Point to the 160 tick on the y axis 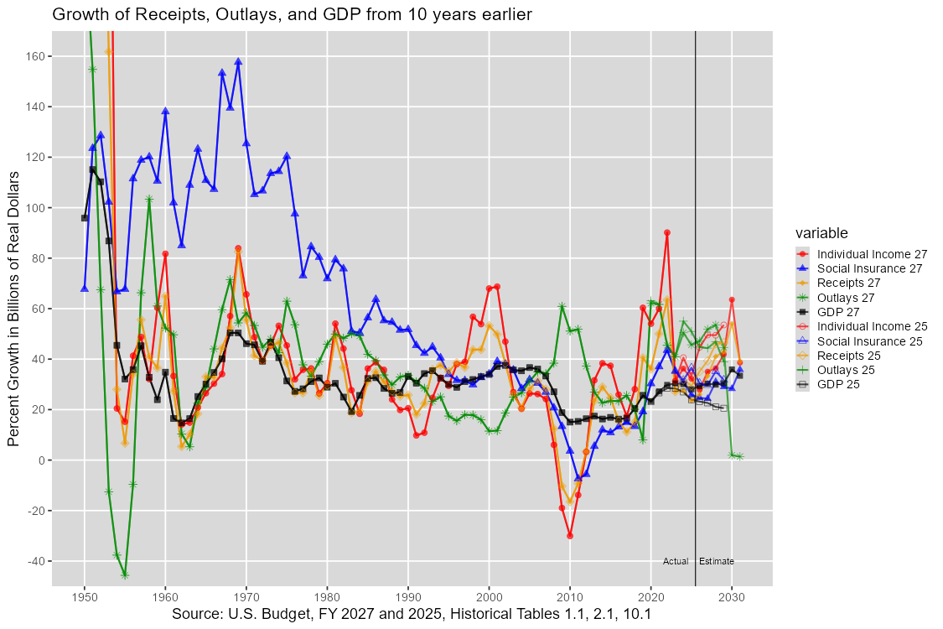pyautogui.click(x=36, y=56)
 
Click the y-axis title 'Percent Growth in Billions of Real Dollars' pyautogui.click(x=13, y=309)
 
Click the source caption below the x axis pyautogui.click(x=412, y=615)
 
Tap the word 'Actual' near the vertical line pyautogui.click(x=676, y=561)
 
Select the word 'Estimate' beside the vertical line pyautogui.click(x=716, y=561)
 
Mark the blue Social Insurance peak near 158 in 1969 pyautogui.click(x=238, y=61)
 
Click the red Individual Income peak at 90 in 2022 pyautogui.click(x=667, y=232)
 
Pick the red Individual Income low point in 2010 pyautogui.click(x=570, y=535)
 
